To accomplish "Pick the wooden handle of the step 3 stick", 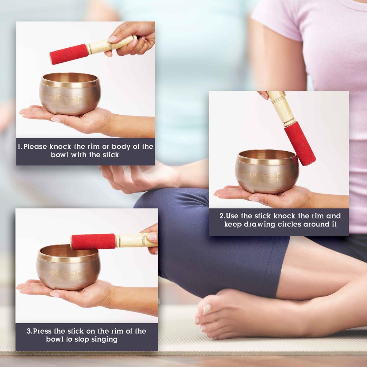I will coord(134,240).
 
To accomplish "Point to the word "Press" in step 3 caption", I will coord(42,331).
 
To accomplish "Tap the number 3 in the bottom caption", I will coord(29,331).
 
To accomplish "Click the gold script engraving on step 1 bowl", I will coord(68,97).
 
